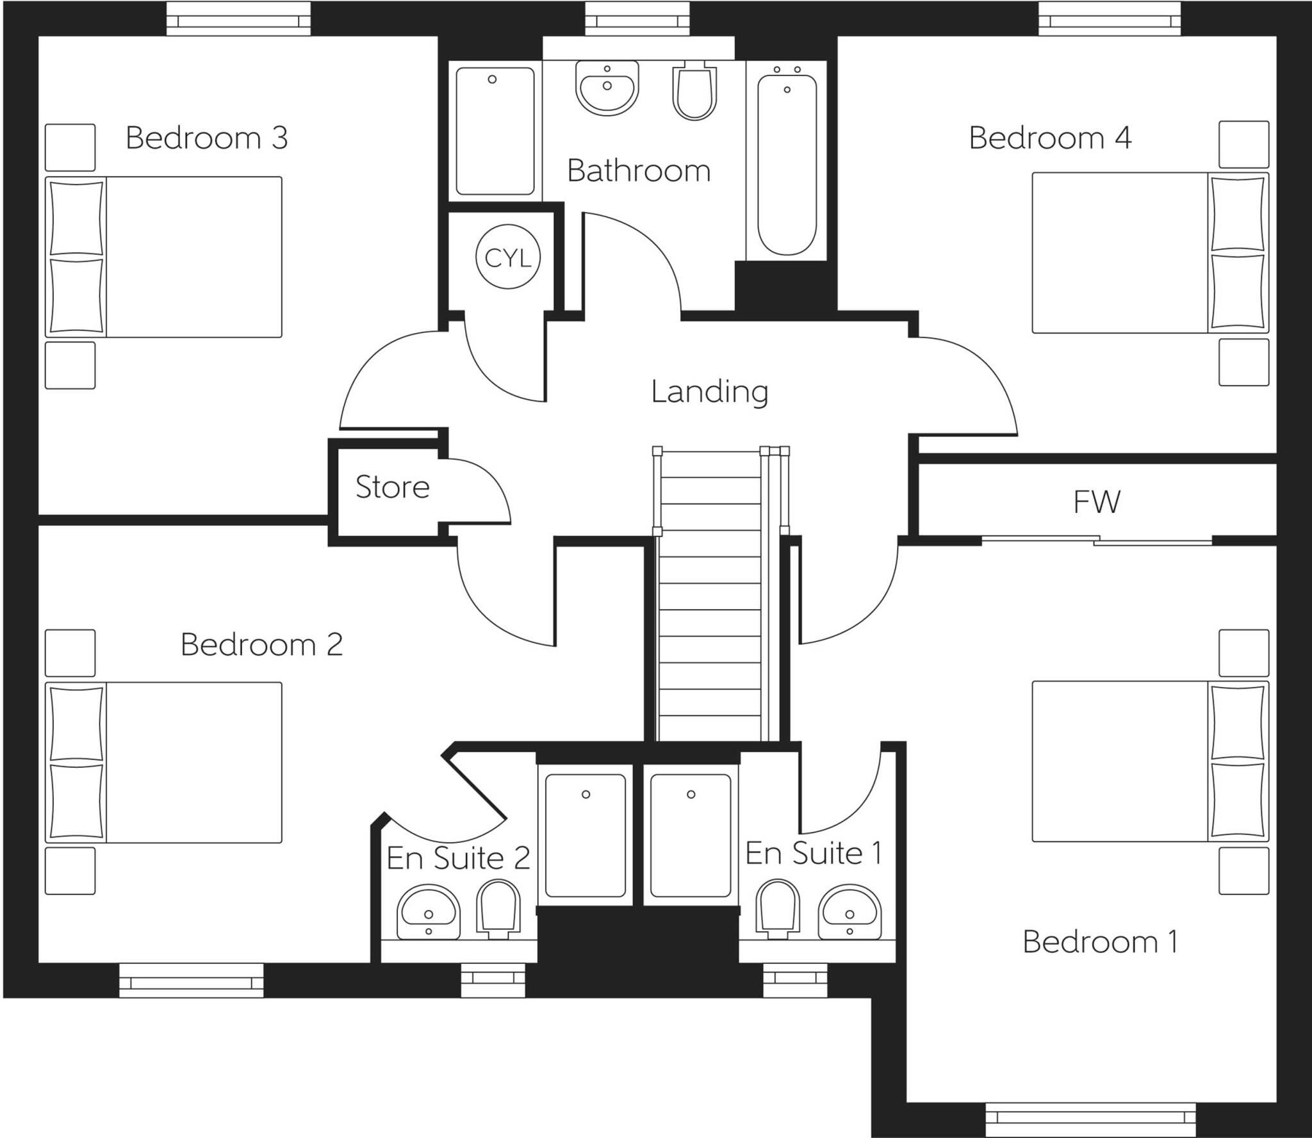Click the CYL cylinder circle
click(508, 257)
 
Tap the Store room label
click(392, 487)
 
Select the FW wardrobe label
click(1097, 502)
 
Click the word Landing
click(709, 391)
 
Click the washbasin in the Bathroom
click(607, 88)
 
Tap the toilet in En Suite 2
click(498, 909)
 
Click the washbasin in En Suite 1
click(849, 913)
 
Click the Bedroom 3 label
click(206, 138)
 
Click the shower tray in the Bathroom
click(495, 131)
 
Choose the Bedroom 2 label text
click(261, 644)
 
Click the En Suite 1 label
click(813, 853)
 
